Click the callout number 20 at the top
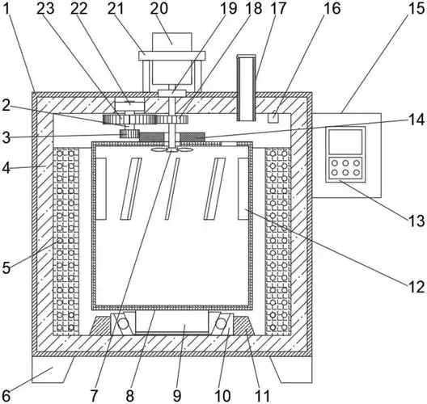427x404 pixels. [159, 8]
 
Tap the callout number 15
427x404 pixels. [416, 8]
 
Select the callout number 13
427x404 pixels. [416, 221]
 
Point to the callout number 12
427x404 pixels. [416, 287]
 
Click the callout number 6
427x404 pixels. [6, 396]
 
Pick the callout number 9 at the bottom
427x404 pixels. [177, 396]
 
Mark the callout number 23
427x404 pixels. [45, 8]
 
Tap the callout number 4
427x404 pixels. [6, 168]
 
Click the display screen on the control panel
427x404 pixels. [345, 141]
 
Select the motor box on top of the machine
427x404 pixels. [172, 42]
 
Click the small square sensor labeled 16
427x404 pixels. [273, 118]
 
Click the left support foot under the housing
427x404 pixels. [53, 369]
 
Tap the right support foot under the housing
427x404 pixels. [291, 369]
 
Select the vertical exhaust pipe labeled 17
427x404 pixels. [246, 87]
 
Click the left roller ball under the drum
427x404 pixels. [123, 324]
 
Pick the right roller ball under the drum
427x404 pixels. [221, 324]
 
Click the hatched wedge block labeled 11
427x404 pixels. [243, 326]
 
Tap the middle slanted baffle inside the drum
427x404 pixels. [172, 188]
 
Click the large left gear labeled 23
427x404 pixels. [129, 120]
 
